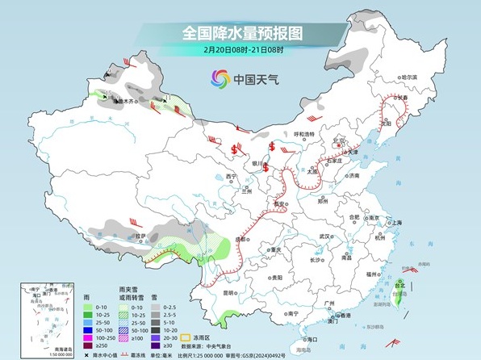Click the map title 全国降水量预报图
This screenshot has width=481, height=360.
tap(240, 34)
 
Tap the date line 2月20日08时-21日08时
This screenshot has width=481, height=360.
tap(240, 50)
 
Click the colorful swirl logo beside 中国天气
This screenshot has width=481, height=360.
tap(220, 78)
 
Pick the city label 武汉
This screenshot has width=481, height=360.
tap(325, 236)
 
